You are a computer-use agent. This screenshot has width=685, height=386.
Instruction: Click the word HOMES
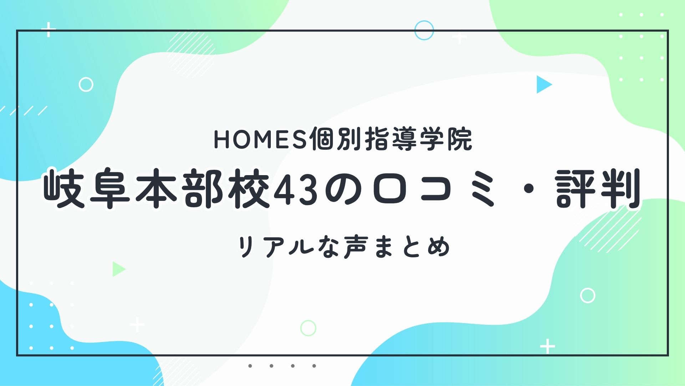tap(260, 139)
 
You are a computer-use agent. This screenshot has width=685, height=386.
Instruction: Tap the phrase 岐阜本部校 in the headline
tap(156, 188)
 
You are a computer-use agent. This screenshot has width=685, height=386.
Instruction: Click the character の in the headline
tap(343, 190)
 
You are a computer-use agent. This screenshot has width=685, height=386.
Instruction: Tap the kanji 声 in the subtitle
tap(356, 247)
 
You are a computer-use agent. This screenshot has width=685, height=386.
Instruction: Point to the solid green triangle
tap(118, 269)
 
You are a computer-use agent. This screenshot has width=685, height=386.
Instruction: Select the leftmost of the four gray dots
tap(250, 366)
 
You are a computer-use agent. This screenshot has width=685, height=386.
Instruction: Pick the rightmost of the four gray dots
tap(314, 366)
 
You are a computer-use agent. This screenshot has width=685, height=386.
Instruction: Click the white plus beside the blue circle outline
tap(460, 37)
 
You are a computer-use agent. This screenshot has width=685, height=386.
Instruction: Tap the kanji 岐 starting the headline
tap(64, 188)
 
